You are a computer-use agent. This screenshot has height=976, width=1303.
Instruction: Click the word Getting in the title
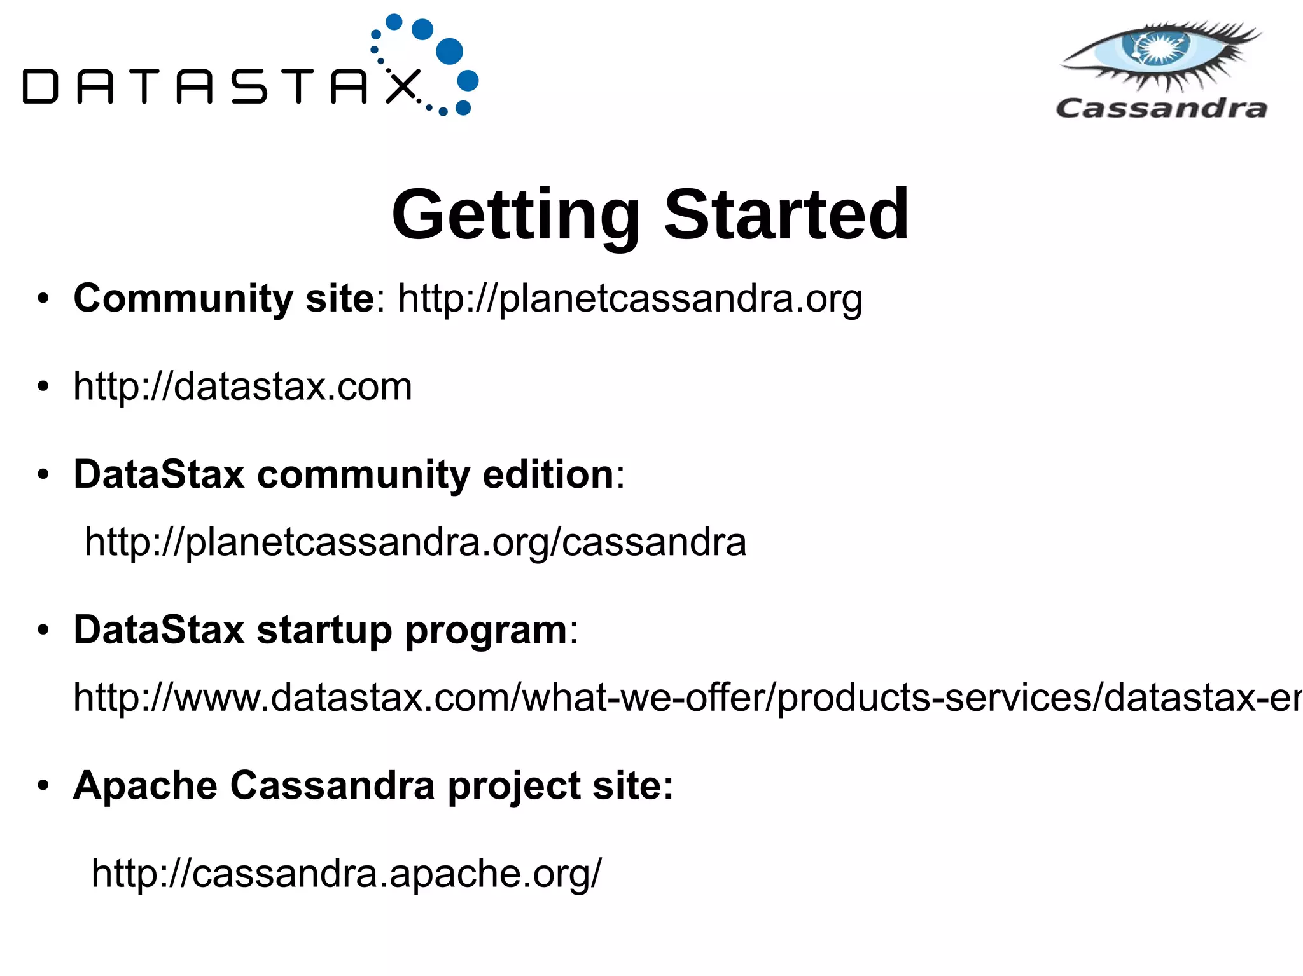[515, 216]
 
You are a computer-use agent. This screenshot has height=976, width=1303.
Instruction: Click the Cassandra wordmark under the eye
[1161, 108]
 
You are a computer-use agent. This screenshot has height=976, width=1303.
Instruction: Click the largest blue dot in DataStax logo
[450, 51]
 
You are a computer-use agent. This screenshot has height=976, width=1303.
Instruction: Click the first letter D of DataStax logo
[40, 86]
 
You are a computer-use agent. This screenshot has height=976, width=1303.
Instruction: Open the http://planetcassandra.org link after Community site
[630, 299]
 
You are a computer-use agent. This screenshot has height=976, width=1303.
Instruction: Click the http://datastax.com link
[242, 387]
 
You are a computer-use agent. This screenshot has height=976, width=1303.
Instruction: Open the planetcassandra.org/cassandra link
[415, 542]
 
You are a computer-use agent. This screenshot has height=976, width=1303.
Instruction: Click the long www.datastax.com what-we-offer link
[687, 698]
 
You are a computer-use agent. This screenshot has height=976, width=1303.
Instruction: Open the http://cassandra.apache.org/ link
[346, 874]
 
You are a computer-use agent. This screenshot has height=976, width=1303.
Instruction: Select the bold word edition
[547, 475]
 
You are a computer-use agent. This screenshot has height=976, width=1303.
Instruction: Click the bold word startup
[324, 631]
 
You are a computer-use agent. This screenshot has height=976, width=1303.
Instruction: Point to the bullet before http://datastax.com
[43, 387]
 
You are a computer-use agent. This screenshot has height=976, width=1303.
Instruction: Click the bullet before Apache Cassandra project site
[43, 786]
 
